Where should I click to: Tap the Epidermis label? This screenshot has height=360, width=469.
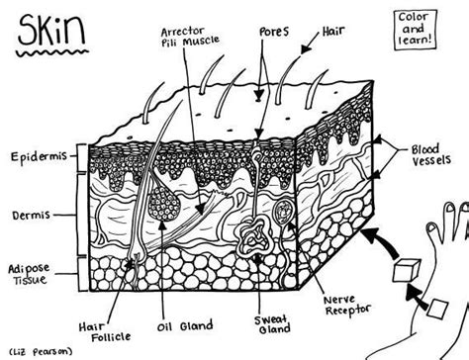(x=39, y=156)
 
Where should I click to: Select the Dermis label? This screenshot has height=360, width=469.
(x=32, y=216)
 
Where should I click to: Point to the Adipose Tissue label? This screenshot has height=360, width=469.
(x=29, y=274)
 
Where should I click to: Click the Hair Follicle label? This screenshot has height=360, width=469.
(x=105, y=332)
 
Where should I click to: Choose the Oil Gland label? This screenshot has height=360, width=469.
(x=185, y=326)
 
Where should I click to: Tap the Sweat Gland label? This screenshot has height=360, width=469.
(x=272, y=324)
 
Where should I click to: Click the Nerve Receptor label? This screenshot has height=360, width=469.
(x=347, y=306)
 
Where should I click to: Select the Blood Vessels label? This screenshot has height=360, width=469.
(x=430, y=155)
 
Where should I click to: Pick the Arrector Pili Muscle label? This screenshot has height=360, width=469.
(x=190, y=37)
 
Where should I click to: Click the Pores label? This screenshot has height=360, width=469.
(x=274, y=32)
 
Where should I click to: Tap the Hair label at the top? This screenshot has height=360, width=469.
(x=333, y=31)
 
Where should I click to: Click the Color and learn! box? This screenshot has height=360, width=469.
(x=416, y=30)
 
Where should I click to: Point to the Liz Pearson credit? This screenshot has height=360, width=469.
(x=41, y=351)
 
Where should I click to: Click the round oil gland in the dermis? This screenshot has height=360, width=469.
(x=164, y=204)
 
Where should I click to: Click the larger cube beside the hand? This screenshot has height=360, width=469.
(x=407, y=270)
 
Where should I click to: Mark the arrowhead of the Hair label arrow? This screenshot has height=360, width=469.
(x=306, y=48)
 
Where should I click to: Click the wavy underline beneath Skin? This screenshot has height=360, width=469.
(x=52, y=52)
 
